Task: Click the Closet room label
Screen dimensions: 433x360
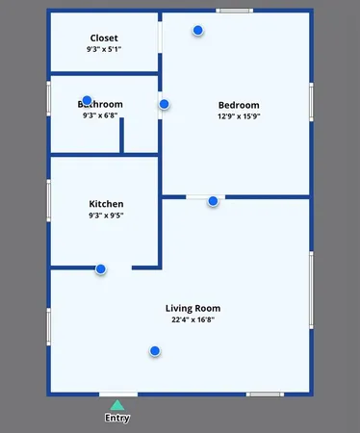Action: (x=104, y=38)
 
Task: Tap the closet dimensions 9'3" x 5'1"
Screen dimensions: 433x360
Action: (x=104, y=49)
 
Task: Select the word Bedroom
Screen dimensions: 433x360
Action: (x=240, y=105)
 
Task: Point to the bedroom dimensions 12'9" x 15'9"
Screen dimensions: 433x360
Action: (x=240, y=116)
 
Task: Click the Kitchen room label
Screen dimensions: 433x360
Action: (x=106, y=204)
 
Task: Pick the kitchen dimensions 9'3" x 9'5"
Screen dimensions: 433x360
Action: (x=106, y=216)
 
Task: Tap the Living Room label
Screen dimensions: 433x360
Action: (x=193, y=308)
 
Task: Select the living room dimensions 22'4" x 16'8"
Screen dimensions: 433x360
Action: (x=193, y=319)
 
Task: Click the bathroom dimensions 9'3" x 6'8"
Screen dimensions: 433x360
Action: (x=100, y=115)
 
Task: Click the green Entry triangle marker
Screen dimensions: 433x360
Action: (x=116, y=405)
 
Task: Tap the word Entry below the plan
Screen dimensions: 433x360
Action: (x=116, y=418)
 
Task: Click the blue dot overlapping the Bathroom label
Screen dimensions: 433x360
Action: (x=87, y=100)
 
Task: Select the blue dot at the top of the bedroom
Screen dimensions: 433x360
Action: (x=198, y=31)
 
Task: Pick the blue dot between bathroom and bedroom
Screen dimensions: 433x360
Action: (x=164, y=104)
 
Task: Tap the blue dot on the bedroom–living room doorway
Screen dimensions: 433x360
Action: (x=213, y=201)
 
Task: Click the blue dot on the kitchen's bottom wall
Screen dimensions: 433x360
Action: (x=100, y=269)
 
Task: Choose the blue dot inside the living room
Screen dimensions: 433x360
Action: (x=154, y=351)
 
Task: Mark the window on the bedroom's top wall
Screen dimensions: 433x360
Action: (x=234, y=11)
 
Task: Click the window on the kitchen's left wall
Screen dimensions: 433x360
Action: (x=49, y=200)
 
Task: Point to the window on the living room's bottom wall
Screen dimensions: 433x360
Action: (x=264, y=394)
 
